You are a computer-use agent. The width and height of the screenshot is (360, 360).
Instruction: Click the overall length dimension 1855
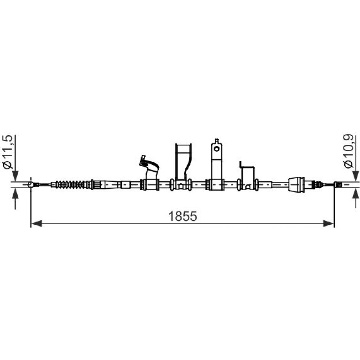pyautogui.click(x=183, y=216)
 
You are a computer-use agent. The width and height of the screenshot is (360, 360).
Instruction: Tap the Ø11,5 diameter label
pyautogui.click(x=9, y=152)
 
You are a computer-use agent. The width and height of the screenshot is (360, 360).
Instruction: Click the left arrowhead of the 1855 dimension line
pyautogui.click(x=36, y=224)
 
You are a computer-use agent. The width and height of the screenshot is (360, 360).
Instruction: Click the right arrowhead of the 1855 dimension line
pyautogui.click(x=328, y=224)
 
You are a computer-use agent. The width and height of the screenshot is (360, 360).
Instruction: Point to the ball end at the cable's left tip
pyautogui.click(x=31, y=184)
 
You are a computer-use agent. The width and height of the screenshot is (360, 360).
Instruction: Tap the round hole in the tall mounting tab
pyautogui.click(x=216, y=149)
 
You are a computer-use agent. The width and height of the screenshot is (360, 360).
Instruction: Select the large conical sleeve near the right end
pyautogui.click(x=296, y=184)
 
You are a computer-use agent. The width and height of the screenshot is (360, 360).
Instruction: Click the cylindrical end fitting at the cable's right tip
pyautogui.click(x=338, y=185)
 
